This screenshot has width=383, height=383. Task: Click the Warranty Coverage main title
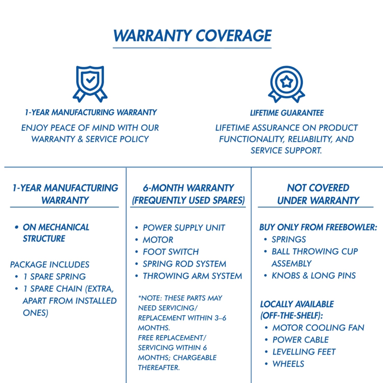(x=192, y=35)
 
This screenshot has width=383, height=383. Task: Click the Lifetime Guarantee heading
(x=287, y=113)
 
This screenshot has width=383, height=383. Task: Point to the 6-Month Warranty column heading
(x=188, y=194)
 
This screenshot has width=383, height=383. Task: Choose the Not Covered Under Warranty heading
(x=318, y=194)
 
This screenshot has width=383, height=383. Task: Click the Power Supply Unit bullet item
(x=184, y=228)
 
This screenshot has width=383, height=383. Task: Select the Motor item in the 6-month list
(x=158, y=240)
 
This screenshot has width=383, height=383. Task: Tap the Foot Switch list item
(x=171, y=252)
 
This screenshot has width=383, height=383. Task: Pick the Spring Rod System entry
(x=184, y=264)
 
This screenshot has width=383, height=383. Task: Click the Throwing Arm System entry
(x=192, y=276)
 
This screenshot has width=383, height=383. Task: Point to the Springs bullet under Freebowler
(x=289, y=239)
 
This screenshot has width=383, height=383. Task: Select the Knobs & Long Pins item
(x=314, y=276)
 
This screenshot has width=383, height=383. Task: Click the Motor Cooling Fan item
(x=318, y=328)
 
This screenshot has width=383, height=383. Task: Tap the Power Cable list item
(x=301, y=340)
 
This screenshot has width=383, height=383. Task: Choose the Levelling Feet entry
(x=304, y=352)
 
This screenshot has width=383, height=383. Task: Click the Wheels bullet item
(x=288, y=364)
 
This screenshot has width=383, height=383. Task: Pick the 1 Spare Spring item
(x=54, y=277)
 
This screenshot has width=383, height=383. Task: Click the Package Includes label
(x=50, y=265)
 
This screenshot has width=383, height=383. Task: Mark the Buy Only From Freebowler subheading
(x=318, y=227)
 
